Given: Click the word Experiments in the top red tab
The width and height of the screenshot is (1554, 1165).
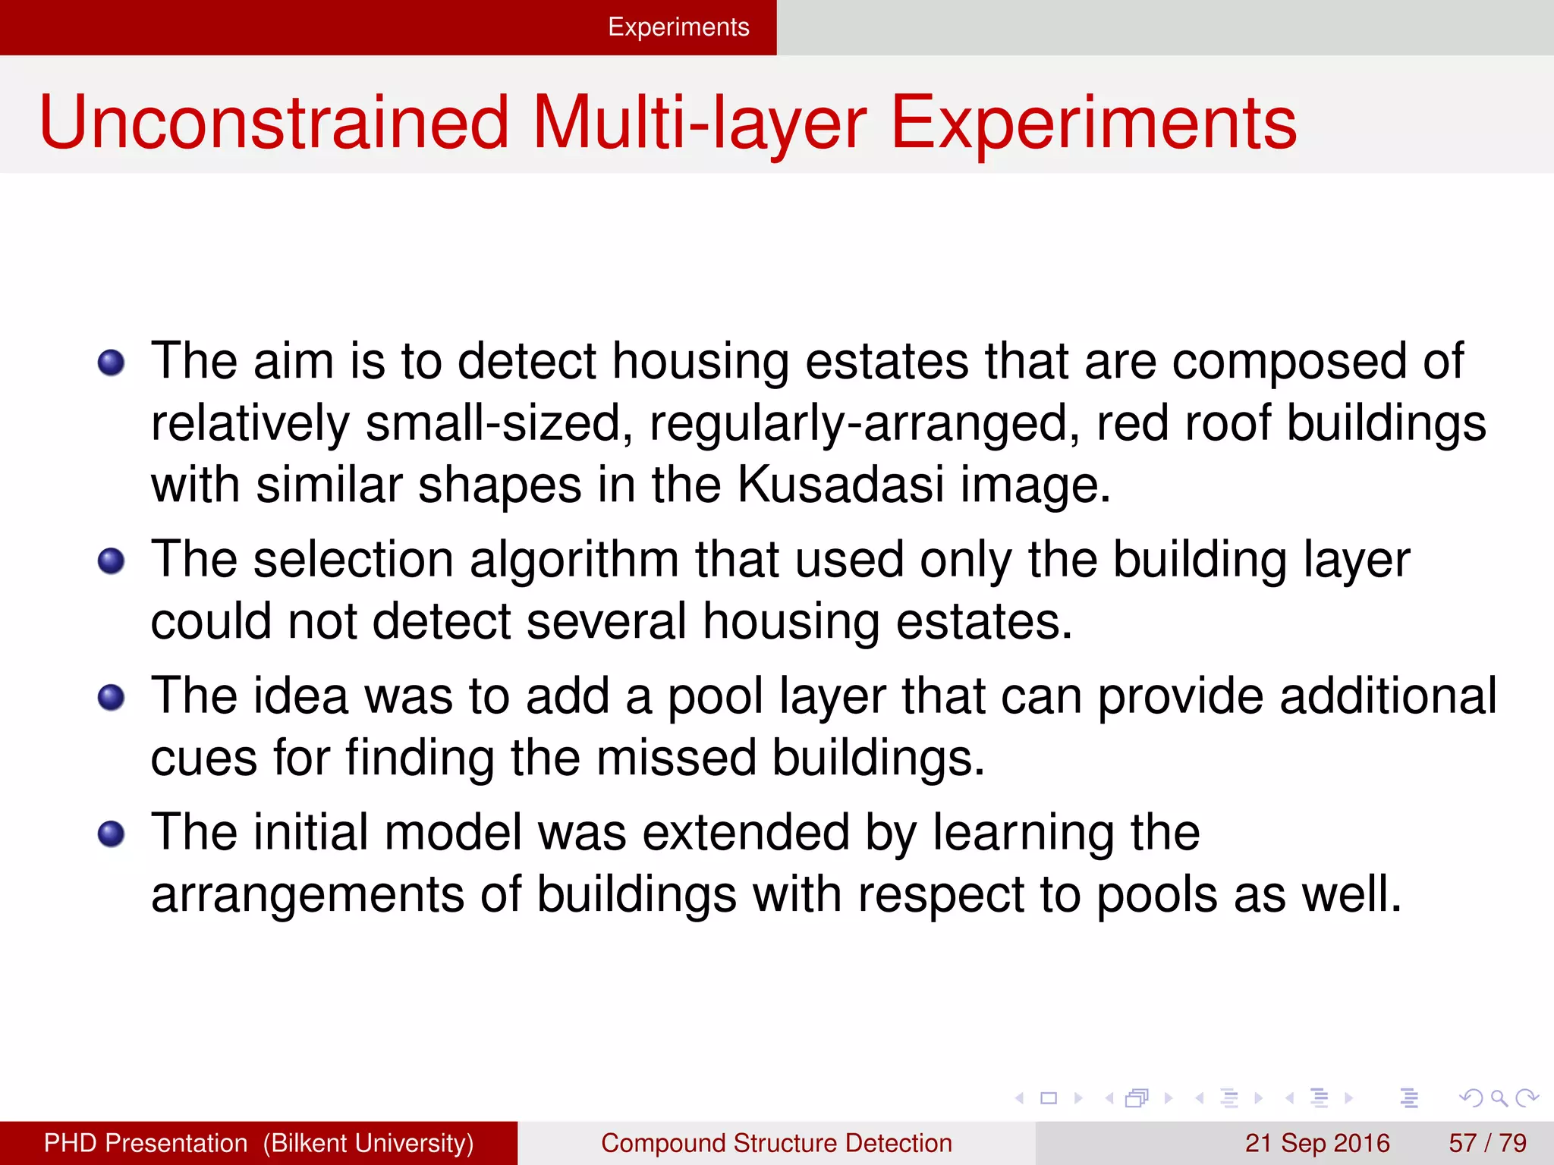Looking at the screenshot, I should click(678, 27).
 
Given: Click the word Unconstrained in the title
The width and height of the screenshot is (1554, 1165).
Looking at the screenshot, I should click(274, 123).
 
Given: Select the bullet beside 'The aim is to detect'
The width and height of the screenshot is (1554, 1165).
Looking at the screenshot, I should click(112, 363).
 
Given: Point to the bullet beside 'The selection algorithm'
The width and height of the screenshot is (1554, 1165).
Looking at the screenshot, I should click(112, 561).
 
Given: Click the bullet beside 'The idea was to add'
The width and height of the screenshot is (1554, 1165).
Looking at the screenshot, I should click(112, 698).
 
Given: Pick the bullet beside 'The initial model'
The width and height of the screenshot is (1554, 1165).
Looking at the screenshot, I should click(112, 834).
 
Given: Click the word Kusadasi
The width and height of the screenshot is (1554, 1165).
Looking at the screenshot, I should click(841, 485).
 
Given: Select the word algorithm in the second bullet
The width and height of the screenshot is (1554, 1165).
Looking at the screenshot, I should click(574, 561).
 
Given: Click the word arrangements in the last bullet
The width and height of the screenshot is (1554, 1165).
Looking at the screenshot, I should click(307, 894).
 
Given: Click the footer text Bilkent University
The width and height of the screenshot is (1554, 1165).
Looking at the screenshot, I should click(369, 1143).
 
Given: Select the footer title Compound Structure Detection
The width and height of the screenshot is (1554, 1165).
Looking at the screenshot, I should click(776, 1143).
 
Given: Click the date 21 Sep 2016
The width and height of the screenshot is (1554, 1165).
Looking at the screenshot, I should click(1317, 1143).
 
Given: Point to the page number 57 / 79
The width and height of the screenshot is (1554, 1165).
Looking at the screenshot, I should click(1487, 1143).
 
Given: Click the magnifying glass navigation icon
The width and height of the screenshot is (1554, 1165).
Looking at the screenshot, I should click(1499, 1097).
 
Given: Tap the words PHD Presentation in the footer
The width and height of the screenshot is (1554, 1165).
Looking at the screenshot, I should click(146, 1143).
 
